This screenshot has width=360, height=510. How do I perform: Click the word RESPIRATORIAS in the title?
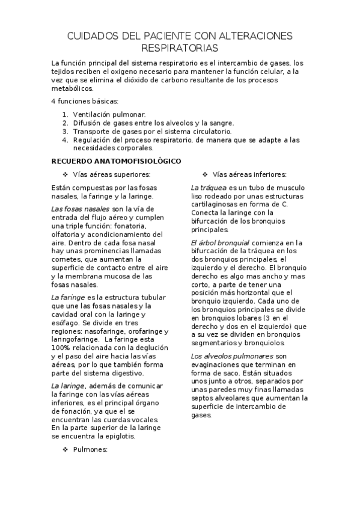pyautogui.click(x=180, y=47)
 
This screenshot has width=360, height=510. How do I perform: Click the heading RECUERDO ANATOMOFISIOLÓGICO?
pyautogui.click(x=112, y=161)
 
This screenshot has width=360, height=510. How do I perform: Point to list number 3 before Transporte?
pyautogui.click(x=65, y=131)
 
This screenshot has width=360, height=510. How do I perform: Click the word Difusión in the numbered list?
pyautogui.click(x=87, y=123)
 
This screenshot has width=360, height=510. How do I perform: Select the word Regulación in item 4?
pyautogui.click(x=91, y=140)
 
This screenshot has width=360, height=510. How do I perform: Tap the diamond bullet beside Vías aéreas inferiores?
pyautogui.click(x=206, y=174)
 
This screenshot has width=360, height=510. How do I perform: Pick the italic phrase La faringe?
pyautogui.click(x=66, y=298)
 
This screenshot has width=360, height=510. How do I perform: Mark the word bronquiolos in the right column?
pyautogui.click(x=266, y=343)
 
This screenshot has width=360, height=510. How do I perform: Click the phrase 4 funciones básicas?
pyautogui.click(x=85, y=101)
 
